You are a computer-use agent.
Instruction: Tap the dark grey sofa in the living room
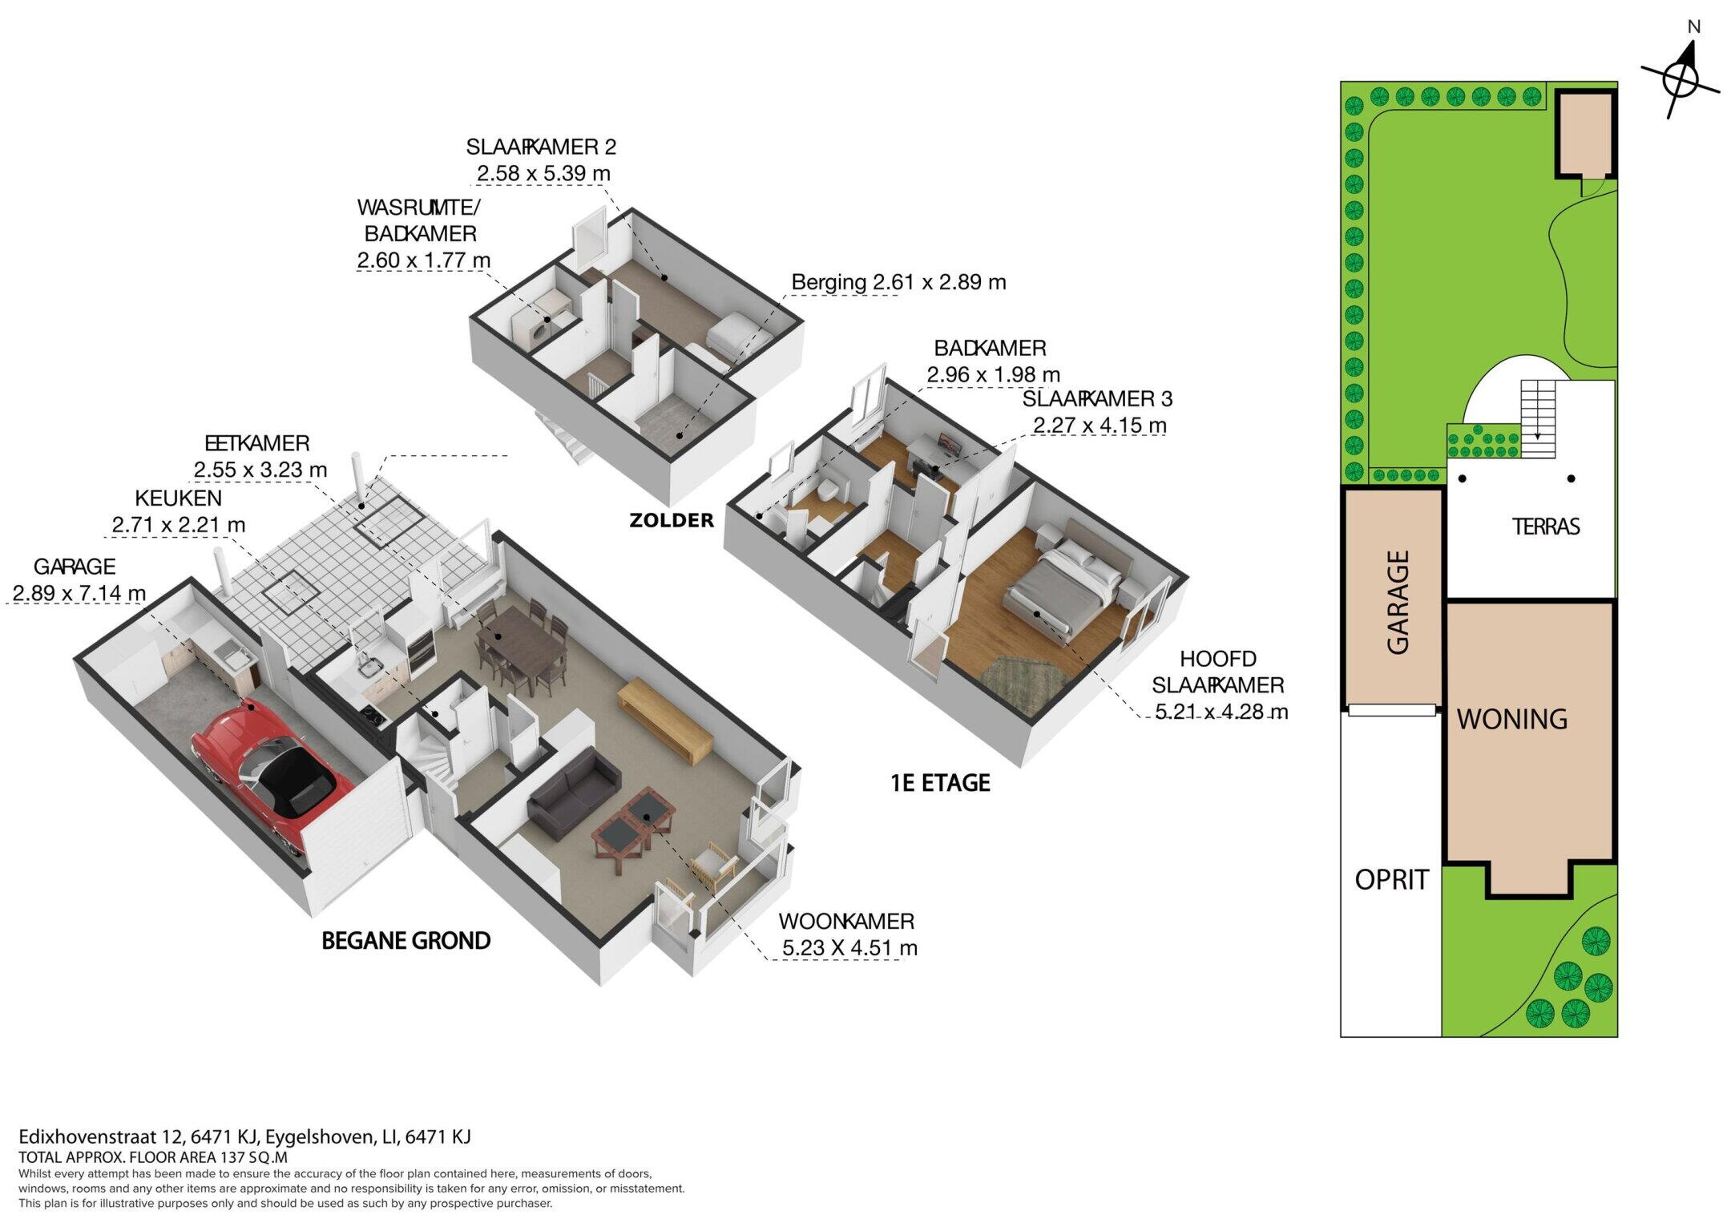(574, 789)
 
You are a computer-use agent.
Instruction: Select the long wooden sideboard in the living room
(664, 720)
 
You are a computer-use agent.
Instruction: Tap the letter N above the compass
(1693, 27)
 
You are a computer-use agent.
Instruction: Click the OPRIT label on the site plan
(1392, 880)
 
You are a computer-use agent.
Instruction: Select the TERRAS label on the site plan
(1546, 527)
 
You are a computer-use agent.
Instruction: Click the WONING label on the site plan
(1512, 719)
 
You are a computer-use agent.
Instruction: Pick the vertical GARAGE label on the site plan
(1398, 602)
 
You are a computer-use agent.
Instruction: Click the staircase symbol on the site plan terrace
(1538, 418)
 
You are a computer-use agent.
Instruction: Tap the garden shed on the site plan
(1585, 134)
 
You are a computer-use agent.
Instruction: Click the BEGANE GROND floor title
(406, 940)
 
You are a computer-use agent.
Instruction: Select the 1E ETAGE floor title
(941, 782)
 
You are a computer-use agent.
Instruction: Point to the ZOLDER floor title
(672, 520)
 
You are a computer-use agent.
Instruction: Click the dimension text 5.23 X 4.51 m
(849, 947)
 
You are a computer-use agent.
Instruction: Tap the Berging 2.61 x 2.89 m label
(898, 282)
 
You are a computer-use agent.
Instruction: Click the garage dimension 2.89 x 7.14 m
(79, 593)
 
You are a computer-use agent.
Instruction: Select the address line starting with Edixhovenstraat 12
(244, 1136)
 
